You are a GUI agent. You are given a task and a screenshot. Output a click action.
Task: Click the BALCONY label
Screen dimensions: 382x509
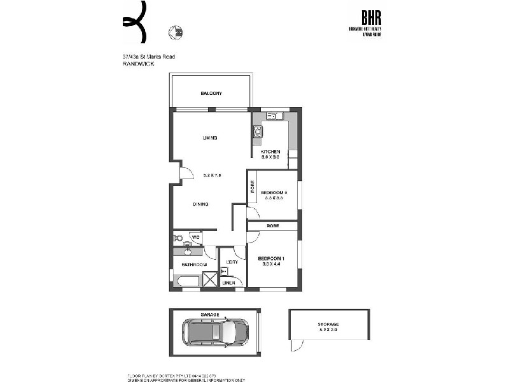(x=211, y=94)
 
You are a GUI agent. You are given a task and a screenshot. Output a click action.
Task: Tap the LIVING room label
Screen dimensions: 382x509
(x=210, y=138)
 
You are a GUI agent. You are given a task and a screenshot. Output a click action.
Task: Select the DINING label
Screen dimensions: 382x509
(x=202, y=204)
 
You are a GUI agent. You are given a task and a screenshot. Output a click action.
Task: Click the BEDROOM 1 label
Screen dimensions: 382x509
(x=272, y=258)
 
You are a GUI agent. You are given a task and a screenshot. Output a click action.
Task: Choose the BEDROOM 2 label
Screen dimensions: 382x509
(x=274, y=192)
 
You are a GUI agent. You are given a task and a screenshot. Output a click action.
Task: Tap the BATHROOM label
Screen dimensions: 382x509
(x=193, y=264)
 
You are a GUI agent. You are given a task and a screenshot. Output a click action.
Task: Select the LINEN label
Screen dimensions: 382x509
(x=228, y=283)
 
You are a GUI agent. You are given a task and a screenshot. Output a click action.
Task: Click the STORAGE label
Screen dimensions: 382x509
(x=329, y=324)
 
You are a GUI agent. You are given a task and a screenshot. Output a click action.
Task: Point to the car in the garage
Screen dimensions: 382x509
(x=215, y=332)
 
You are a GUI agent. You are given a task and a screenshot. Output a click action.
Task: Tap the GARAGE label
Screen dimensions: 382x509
(x=211, y=315)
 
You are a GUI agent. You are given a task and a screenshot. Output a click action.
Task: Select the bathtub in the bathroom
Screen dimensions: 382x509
(x=187, y=281)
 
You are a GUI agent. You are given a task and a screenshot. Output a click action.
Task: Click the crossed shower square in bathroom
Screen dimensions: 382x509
(x=210, y=280)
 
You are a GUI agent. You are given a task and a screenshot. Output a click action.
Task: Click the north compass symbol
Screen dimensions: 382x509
(x=174, y=31)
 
